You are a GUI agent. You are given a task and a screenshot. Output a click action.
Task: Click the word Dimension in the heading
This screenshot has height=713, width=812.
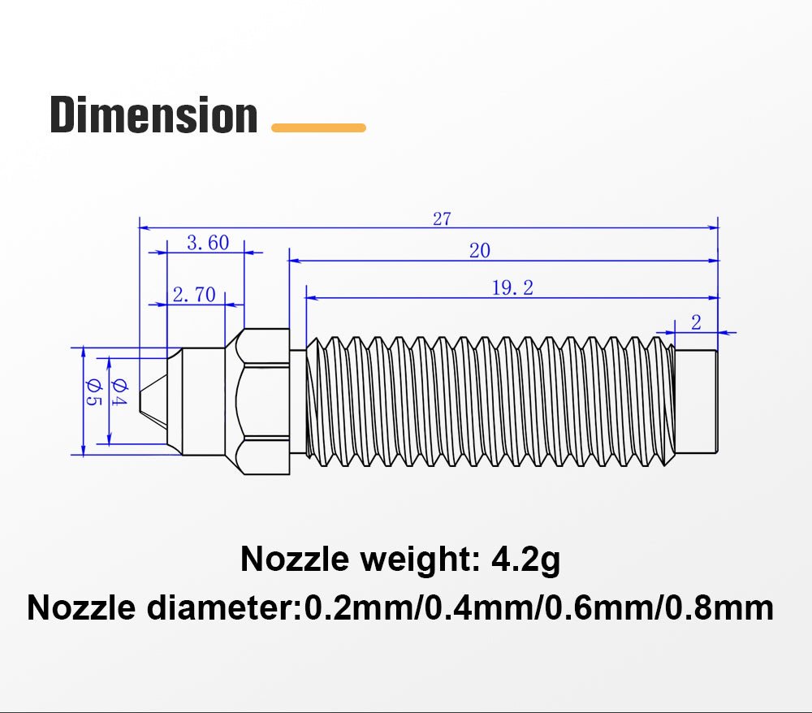coord(153,115)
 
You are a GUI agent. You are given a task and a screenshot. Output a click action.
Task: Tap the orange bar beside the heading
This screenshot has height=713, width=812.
coord(318,127)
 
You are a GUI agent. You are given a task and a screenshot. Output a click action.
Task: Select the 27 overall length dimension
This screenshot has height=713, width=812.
coord(442,219)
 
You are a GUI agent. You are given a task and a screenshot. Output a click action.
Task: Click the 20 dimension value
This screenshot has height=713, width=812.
coord(480,251)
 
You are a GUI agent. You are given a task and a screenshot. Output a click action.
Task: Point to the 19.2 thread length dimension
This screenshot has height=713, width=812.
coord(512,288)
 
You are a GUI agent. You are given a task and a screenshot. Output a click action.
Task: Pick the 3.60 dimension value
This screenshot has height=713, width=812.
coord(208,243)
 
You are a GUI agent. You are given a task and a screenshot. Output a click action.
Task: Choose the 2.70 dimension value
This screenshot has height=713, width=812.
coord(194,295)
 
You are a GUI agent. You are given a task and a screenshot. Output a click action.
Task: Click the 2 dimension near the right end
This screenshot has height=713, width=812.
coord(696,322)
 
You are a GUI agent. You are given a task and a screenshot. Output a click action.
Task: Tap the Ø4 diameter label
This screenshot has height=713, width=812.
coord(119,393)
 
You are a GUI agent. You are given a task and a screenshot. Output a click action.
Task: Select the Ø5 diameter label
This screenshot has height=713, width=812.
coord(92,394)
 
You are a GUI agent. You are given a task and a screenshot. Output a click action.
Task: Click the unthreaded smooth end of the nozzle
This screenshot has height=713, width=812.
coord(696,400)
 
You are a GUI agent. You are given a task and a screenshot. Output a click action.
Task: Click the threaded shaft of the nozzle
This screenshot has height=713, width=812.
coord(487,400)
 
